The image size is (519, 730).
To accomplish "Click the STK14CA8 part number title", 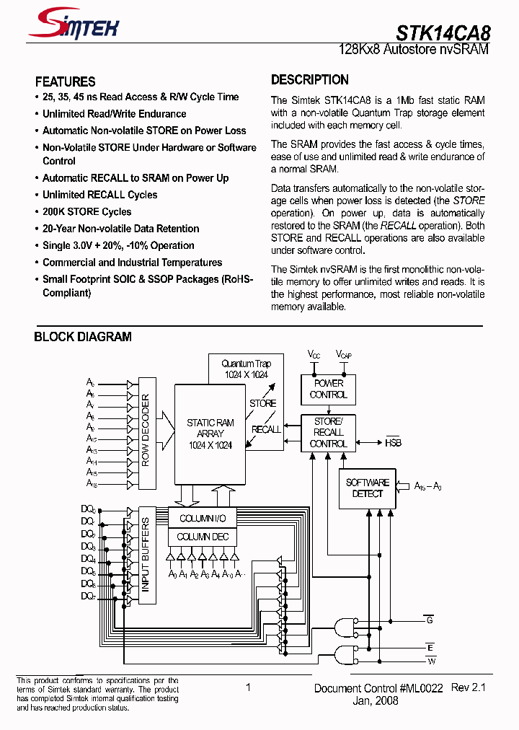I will (443, 32).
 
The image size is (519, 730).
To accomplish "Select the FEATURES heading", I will (65, 82).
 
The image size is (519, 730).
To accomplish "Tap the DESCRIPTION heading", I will (309, 79).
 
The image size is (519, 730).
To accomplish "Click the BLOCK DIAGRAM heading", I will (83, 337).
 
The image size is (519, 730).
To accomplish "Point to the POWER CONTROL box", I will (328, 390).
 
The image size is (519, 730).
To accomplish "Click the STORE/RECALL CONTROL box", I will (328, 432).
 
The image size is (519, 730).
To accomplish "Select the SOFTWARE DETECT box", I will (367, 488).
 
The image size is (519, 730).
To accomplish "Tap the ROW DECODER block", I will (146, 431).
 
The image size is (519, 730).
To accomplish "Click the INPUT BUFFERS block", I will (146, 555).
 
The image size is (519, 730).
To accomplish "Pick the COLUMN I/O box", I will (203, 519).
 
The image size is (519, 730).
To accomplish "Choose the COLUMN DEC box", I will (203, 537).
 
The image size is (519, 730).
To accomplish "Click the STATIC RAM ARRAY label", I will (210, 434).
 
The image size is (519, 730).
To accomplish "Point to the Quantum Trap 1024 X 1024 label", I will (246, 369).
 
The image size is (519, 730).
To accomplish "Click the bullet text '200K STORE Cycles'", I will (86, 211).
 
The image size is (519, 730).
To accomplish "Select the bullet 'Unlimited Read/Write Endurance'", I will (114, 114).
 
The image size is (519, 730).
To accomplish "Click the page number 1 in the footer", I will (248, 687).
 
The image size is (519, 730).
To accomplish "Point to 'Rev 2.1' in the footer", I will (468, 687).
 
